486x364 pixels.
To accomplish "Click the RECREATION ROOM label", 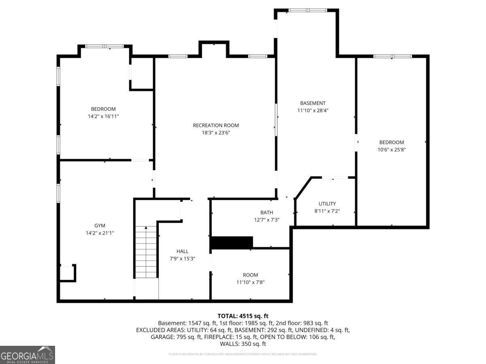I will [215, 125].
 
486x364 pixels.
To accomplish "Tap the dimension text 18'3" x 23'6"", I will [215, 132].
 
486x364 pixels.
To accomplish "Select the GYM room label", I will [100, 226].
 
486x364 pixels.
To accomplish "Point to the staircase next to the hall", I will [146, 252].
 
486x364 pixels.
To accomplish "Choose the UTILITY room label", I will [327, 204].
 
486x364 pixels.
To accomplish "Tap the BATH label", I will [266, 212].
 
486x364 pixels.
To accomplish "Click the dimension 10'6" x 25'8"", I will [391, 149].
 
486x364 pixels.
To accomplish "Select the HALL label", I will [182, 251].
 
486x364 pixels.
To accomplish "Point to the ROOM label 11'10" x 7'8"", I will [250, 275].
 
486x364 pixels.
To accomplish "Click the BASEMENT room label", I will [313, 103].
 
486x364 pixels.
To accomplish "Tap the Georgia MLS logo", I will [27, 355].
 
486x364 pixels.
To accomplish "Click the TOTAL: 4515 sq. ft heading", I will [243, 316].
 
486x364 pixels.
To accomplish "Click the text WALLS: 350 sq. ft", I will [243, 344].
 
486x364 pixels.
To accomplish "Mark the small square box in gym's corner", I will [67, 273].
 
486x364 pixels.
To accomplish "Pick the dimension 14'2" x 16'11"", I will [103, 116].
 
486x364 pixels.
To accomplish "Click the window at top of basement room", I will [307, 10].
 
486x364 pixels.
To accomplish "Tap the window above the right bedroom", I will [392, 56].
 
